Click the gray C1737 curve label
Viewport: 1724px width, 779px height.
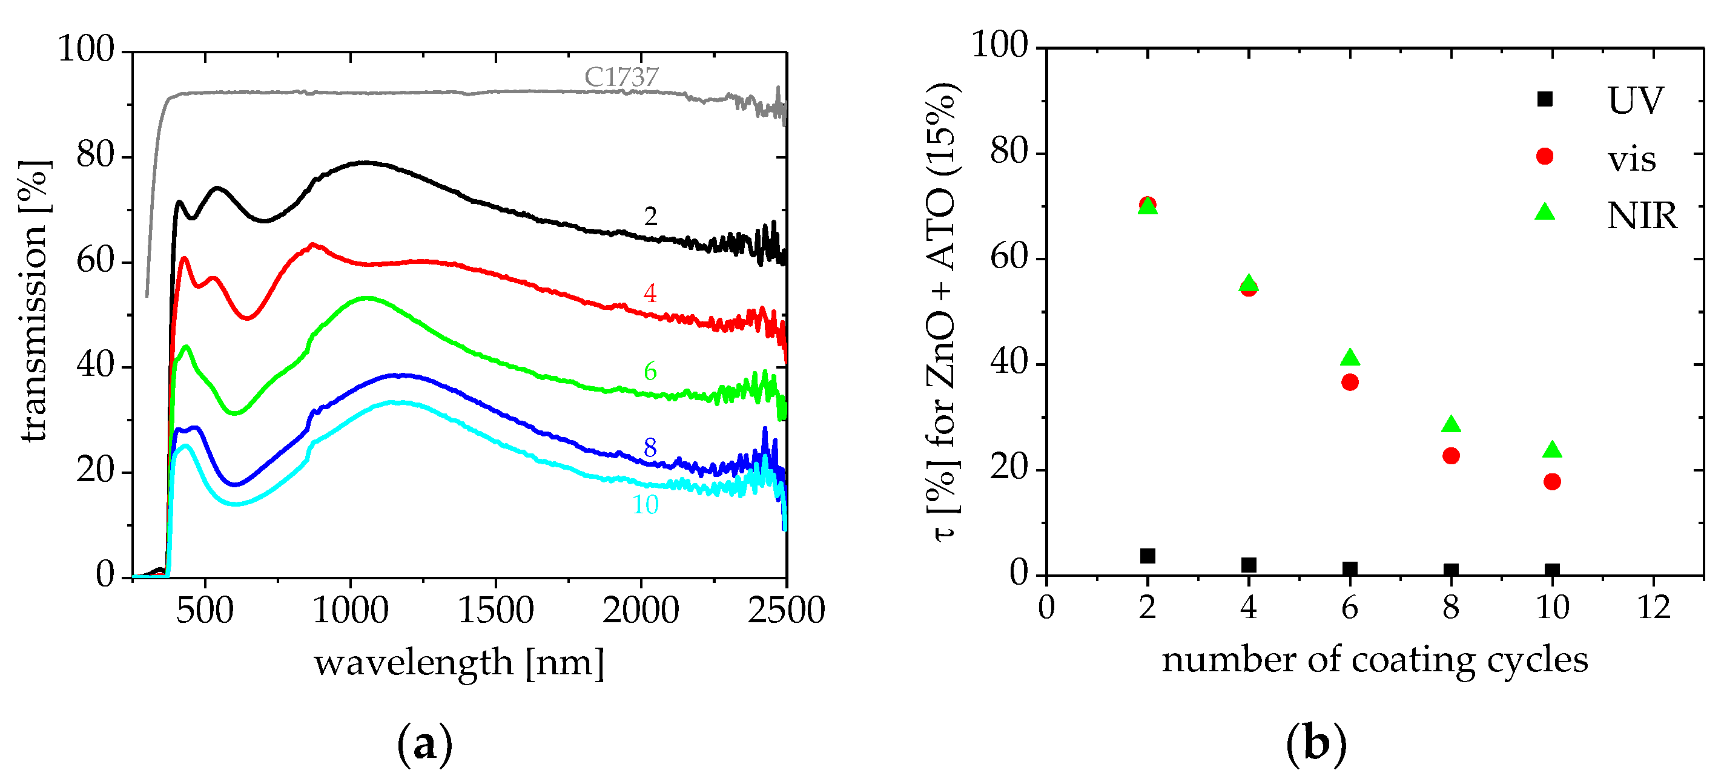(621, 77)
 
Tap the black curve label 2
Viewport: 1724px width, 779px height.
(650, 216)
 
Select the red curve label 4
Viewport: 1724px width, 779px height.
(650, 293)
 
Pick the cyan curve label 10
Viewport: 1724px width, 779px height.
(645, 505)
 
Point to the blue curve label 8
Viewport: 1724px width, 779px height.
(650, 448)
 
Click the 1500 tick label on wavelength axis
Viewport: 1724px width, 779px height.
(495, 610)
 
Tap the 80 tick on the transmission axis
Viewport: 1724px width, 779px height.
(95, 156)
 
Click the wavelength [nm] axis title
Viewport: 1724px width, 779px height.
(459, 663)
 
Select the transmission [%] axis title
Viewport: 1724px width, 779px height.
(33, 301)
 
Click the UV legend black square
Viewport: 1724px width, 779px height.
(1545, 99)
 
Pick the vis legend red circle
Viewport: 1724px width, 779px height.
(1545, 156)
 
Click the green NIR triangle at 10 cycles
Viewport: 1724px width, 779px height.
(1552, 450)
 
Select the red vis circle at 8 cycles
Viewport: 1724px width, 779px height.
(1451, 456)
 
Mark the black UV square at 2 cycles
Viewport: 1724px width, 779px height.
(1148, 556)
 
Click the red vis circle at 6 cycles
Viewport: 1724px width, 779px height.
(1350, 382)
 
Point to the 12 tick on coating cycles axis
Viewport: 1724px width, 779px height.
(1654, 608)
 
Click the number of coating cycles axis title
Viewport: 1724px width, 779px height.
(1375, 660)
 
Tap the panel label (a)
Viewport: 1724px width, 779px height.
(425, 744)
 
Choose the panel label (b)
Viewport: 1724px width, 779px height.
(1316, 744)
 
